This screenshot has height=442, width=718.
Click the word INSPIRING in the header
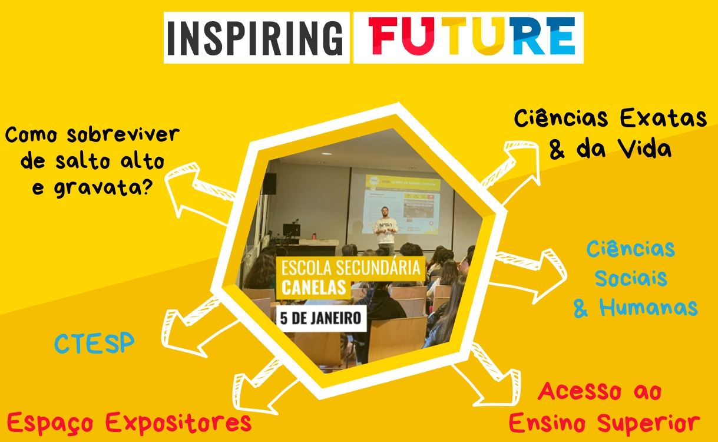pyautogui.click(x=256, y=38)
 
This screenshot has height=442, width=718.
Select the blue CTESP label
pyautogui.click(x=94, y=343)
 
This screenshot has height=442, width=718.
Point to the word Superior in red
pyautogui.click(x=648, y=423)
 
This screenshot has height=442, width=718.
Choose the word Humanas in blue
pyautogui.click(x=648, y=307)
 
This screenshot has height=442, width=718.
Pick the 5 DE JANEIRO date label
pyautogui.click(x=320, y=318)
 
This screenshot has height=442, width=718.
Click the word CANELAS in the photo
pyautogui.click(x=314, y=287)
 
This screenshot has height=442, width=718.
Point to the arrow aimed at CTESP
pyautogui.click(x=195, y=327)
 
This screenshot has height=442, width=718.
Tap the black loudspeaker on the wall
pyautogui.click(x=269, y=183)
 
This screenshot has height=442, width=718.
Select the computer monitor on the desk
pyautogui.click(x=292, y=230)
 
